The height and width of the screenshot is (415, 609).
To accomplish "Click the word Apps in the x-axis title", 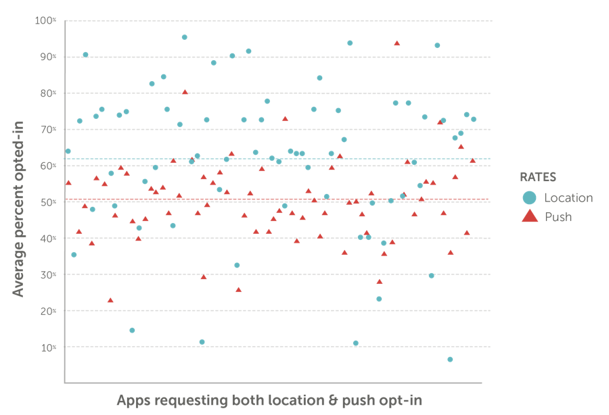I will click(132, 400).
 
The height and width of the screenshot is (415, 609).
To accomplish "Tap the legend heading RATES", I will click(538, 177).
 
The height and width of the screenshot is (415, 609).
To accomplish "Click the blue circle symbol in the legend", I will click(532, 198).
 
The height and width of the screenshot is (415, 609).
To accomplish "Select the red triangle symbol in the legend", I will click(532, 217).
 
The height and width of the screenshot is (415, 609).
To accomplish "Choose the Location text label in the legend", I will click(569, 198).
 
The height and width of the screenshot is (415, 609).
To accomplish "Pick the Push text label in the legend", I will click(559, 217).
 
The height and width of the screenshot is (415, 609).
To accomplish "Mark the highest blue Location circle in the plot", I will click(185, 37).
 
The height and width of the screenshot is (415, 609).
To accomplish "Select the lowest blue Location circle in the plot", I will click(451, 359).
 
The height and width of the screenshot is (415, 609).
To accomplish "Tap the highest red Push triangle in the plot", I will click(397, 43).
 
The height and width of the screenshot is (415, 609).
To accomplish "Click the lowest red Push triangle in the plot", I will click(110, 299).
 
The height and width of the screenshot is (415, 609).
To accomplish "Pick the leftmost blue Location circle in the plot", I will click(67, 151).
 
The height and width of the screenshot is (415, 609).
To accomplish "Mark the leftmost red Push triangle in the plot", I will click(68, 182).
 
